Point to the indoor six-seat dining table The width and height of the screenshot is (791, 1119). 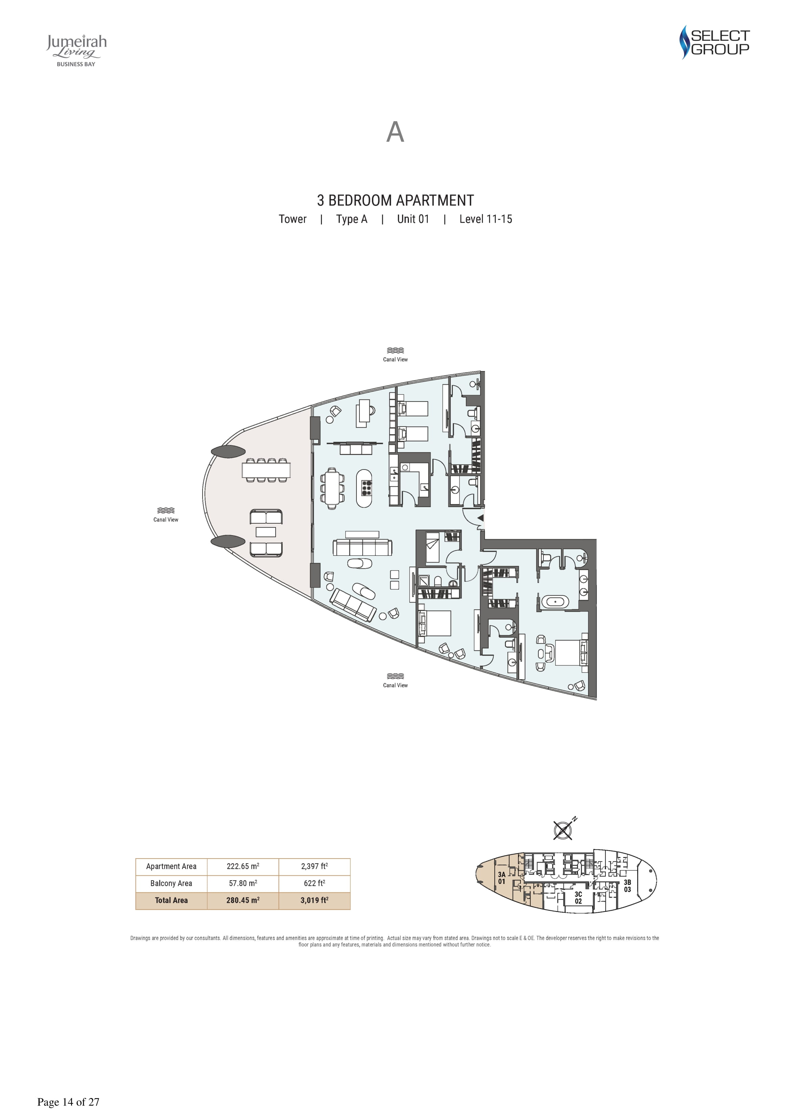point(332,488)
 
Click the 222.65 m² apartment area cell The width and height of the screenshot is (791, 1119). point(243,866)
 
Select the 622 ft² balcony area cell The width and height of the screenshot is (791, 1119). point(315,883)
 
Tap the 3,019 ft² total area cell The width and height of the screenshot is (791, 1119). point(315,900)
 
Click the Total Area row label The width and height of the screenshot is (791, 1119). point(171,900)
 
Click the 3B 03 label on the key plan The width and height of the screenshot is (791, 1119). point(627,886)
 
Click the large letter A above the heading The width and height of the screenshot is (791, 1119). point(395,132)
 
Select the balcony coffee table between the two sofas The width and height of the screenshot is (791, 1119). point(265,532)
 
